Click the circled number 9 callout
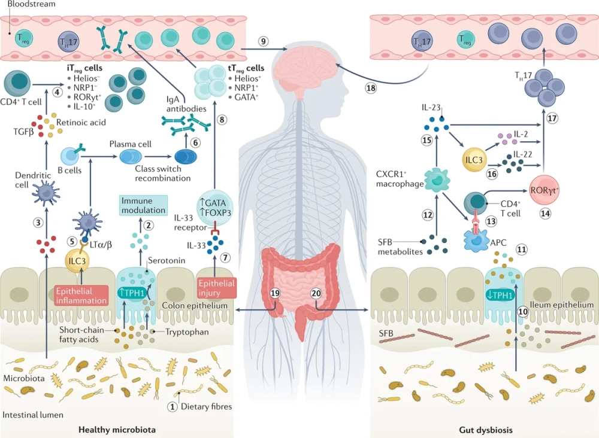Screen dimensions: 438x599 pos(264,41)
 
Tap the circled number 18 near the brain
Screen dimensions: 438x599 pos(371,87)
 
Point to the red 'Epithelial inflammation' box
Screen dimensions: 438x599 pos(81,294)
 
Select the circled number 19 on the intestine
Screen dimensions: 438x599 pos(275,293)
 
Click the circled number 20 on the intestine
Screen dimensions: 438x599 pos(317,293)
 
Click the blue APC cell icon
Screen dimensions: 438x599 pos(479,238)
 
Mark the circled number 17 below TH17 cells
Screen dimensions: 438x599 pos(552,117)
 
